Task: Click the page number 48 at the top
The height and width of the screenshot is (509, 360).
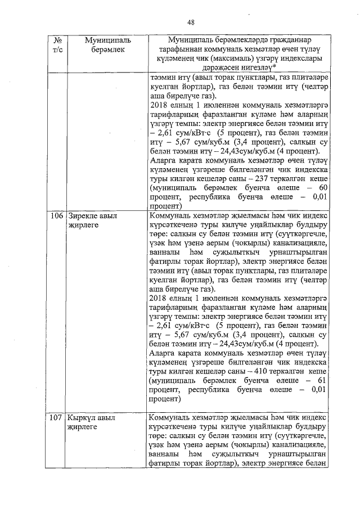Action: pyautogui.click(x=191, y=22)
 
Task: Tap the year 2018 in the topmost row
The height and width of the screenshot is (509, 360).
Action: pyautogui.click(x=160, y=105)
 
